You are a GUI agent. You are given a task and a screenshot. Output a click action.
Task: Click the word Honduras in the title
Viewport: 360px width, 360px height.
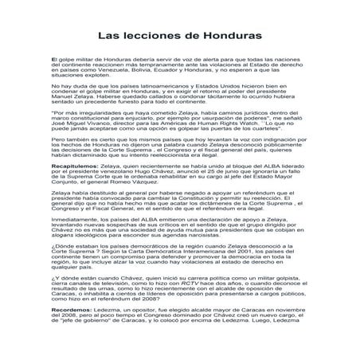[228, 36]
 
